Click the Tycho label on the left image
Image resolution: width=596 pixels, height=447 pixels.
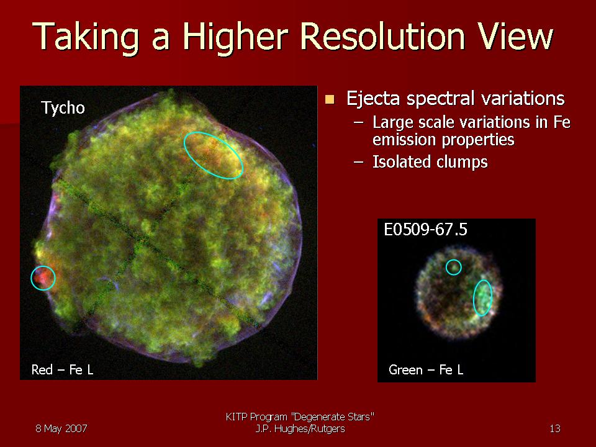63,108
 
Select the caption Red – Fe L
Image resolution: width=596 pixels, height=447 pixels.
62,369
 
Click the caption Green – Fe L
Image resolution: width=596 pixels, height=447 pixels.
426,369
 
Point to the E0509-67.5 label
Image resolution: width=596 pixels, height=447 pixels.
425,230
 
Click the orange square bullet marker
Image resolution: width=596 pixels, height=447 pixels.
330,99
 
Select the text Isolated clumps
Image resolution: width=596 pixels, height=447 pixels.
430,161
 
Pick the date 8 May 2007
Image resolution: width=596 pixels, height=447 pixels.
61,428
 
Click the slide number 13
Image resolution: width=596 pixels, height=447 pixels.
555,428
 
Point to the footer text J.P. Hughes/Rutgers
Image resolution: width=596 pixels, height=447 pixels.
300,429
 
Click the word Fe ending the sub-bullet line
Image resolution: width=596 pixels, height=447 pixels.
562,122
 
